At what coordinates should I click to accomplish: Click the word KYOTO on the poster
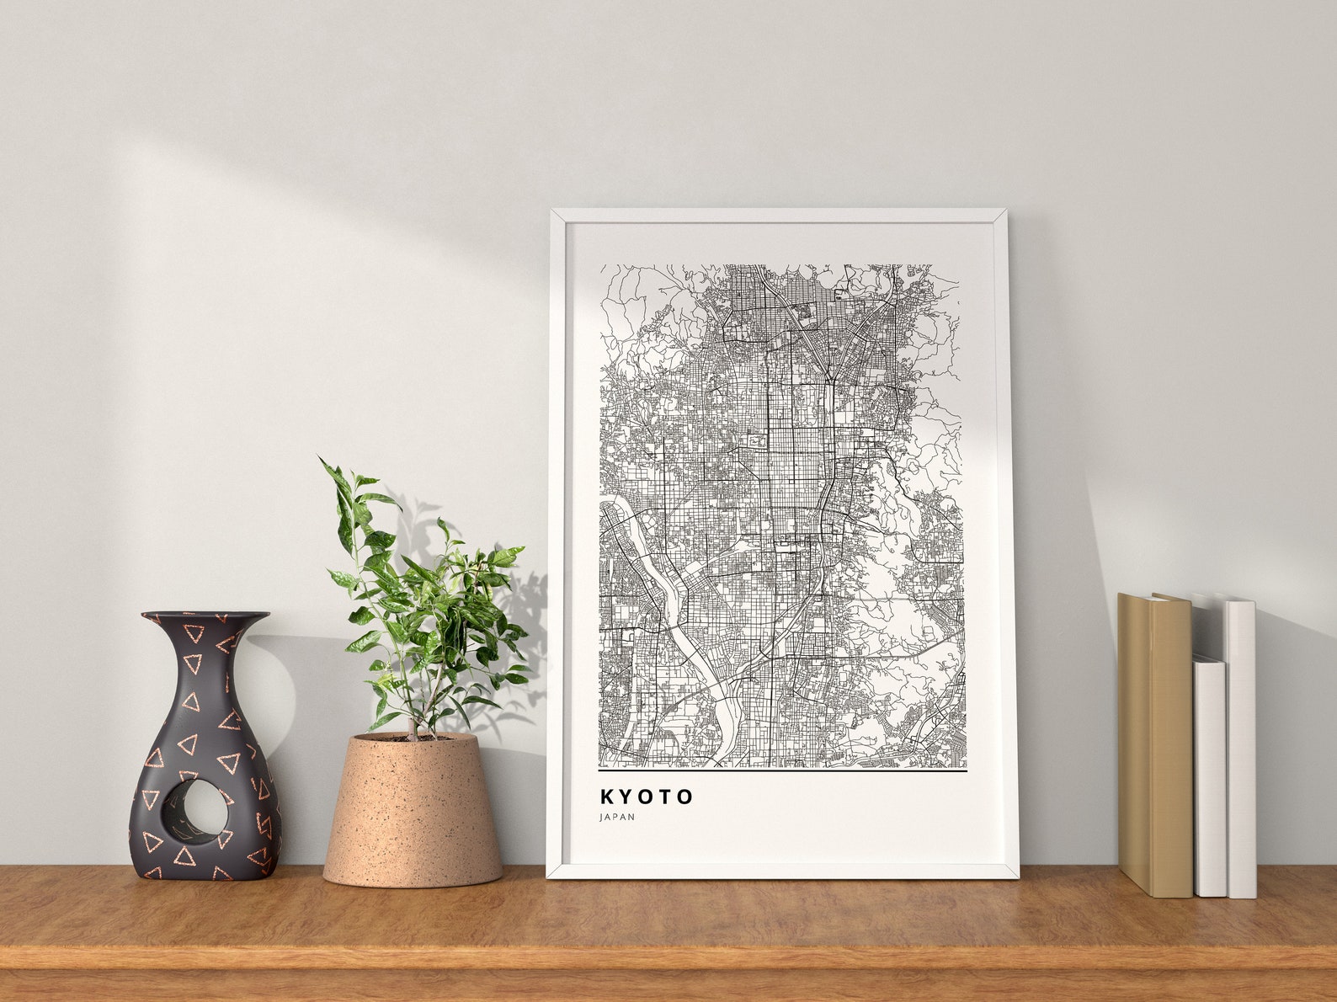point(647,796)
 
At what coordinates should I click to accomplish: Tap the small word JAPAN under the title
point(617,817)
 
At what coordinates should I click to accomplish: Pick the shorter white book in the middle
point(1210,775)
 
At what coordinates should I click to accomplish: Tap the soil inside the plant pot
point(413,738)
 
